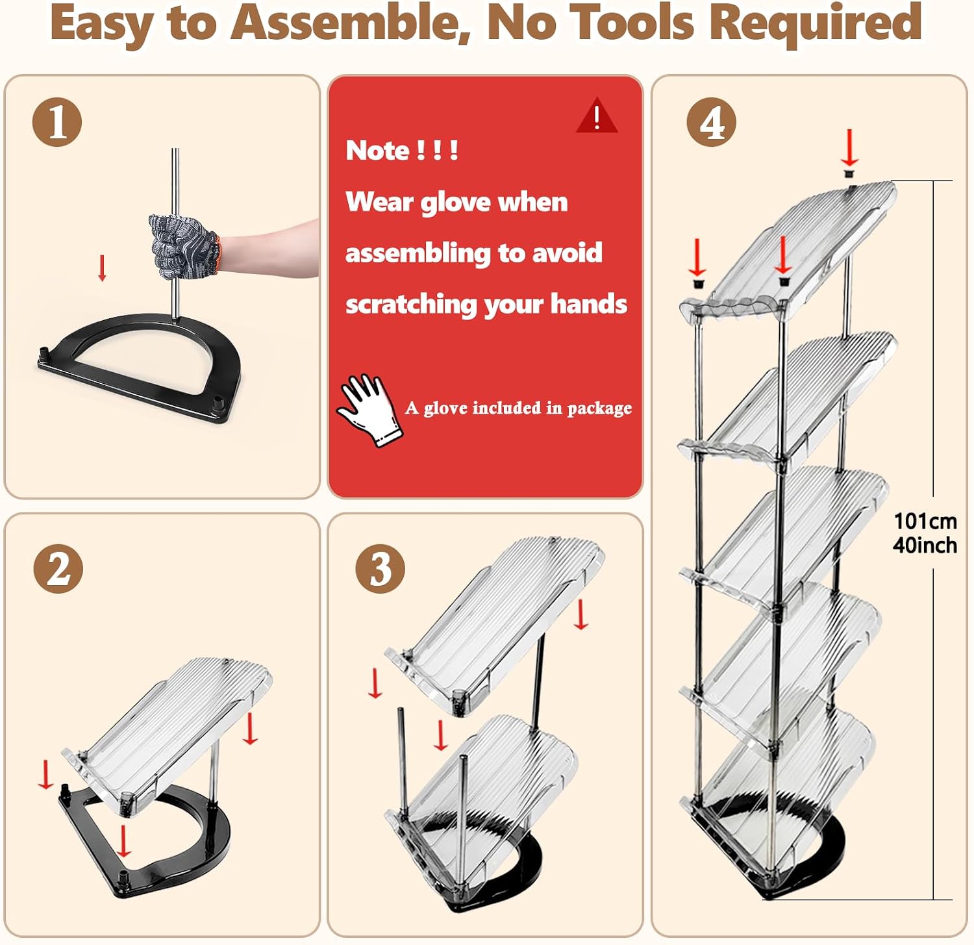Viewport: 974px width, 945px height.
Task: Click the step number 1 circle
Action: pyautogui.click(x=57, y=122)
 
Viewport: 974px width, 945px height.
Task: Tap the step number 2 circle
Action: pyautogui.click(x=58, y=568)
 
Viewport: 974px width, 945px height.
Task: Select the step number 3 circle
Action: pyautogui.click(x=381, y=568)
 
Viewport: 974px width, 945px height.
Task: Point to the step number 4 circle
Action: pyautogui.click(x=712, y=122)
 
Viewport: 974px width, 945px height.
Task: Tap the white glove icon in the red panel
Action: pyautogui.click(x=369, y=410)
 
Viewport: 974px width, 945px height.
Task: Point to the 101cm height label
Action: pyautogui.click(x=925, y=521)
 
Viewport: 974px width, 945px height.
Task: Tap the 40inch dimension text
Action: pyautogui.click(x=925, y=545)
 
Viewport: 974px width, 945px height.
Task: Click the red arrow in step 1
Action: pyautogui.click(x=102, y=268)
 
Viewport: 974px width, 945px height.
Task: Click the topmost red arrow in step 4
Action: pyautogui.click(x=849, y=147)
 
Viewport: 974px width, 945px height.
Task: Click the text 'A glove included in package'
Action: pyautogui.click(x=518, y=408)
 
